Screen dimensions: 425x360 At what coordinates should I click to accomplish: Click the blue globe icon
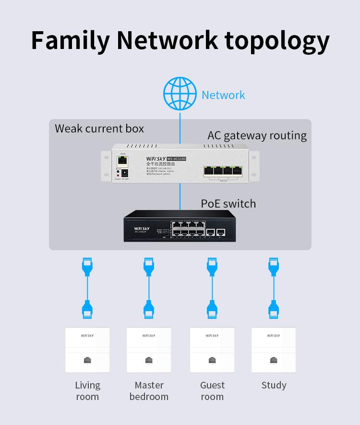pos(180,94)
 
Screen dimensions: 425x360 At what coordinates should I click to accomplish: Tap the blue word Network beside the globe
pos(223,95)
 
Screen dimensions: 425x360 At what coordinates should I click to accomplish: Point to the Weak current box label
pos(99,129)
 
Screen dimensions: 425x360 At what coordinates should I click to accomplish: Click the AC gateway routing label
pos(257,135)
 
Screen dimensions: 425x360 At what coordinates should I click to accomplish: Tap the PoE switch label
pos(228,204)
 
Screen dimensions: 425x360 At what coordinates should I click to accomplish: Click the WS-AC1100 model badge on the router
pos(176,159)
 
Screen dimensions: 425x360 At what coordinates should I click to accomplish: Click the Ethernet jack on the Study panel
pos(274,360)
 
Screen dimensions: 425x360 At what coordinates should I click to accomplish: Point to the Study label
pos(274,385)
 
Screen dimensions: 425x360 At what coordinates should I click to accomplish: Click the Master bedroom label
pos(149,391)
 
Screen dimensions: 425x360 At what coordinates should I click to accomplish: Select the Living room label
pos(87,391)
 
